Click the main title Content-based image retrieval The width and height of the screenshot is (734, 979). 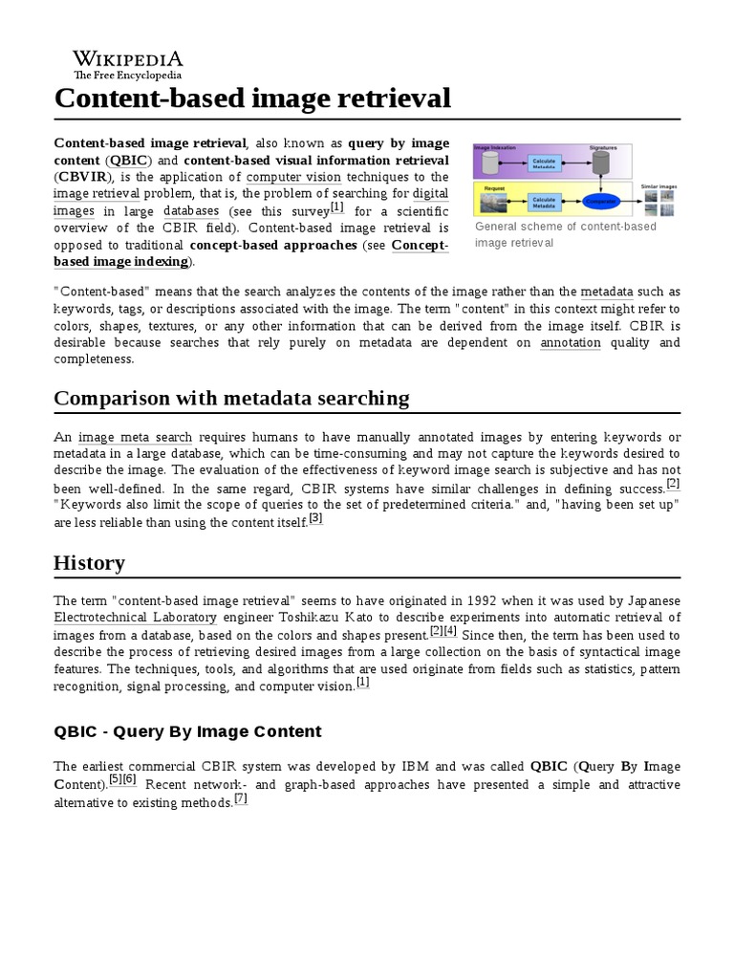[252, 98]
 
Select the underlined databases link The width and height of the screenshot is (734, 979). [191, 210]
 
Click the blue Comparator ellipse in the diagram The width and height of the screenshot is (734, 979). [601, 201]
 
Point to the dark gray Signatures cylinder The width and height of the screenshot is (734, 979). [601, 163]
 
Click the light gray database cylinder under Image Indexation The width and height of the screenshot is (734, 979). [491, 163]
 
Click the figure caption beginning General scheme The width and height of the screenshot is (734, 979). [565, 234]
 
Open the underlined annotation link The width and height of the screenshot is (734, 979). [571, 342]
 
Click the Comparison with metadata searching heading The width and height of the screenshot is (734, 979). [231, 398]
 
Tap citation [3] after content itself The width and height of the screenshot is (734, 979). [315, 518]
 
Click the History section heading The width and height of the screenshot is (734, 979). [89, 563]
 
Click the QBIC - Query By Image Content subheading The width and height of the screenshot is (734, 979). [187, 731]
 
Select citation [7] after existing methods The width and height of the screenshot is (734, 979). [241, 799]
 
